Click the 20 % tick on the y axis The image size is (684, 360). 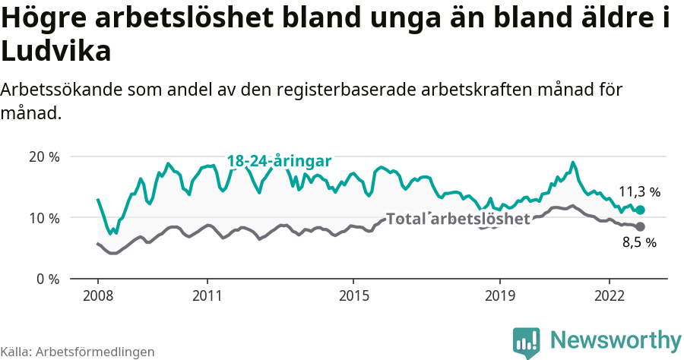(44, 157)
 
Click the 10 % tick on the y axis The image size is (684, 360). (44, 218)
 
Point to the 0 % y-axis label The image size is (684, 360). (47, 279)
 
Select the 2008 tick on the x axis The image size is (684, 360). (98, 295)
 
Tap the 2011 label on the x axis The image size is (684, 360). (207, 295)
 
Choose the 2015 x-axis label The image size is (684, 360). (353, 295)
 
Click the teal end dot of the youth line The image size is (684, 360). (640, 210)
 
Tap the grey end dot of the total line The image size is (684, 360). (640, 227)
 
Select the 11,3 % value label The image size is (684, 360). (639, 192)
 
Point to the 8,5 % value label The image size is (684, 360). (639, 243)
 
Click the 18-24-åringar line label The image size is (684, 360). (279, 161)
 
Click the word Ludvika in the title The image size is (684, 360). (56, 52)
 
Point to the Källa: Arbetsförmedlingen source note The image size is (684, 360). (78, 352)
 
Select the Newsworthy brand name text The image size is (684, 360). (616, 339)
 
